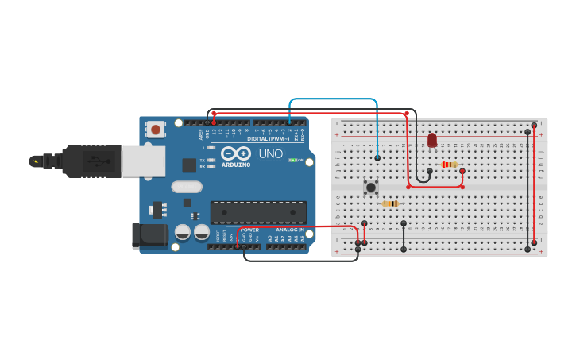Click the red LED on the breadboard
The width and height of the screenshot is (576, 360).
click(432, 140)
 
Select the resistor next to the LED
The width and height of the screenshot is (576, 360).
click(449, 165)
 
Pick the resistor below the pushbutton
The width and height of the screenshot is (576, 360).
click(390, 203)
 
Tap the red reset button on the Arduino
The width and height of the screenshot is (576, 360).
click(156, 129)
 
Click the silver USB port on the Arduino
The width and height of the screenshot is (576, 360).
click(143, 161)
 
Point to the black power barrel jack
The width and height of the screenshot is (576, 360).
click(149, 234)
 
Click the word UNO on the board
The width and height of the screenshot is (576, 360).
click(270, 153)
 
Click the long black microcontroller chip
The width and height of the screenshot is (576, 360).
click(258, 212)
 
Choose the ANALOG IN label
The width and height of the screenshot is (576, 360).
click(289, 230)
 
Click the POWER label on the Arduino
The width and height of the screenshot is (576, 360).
click(249, 230)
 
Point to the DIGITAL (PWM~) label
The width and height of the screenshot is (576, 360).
click(268, 138)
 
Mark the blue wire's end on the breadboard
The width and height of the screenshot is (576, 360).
click(377, 158)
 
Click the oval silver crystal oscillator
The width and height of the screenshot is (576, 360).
click(187, 188)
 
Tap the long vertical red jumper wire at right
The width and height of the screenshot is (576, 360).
click(535, 183)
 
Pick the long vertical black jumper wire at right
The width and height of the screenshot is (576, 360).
click(527, 191)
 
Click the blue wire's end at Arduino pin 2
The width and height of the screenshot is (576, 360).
click(290, 122)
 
